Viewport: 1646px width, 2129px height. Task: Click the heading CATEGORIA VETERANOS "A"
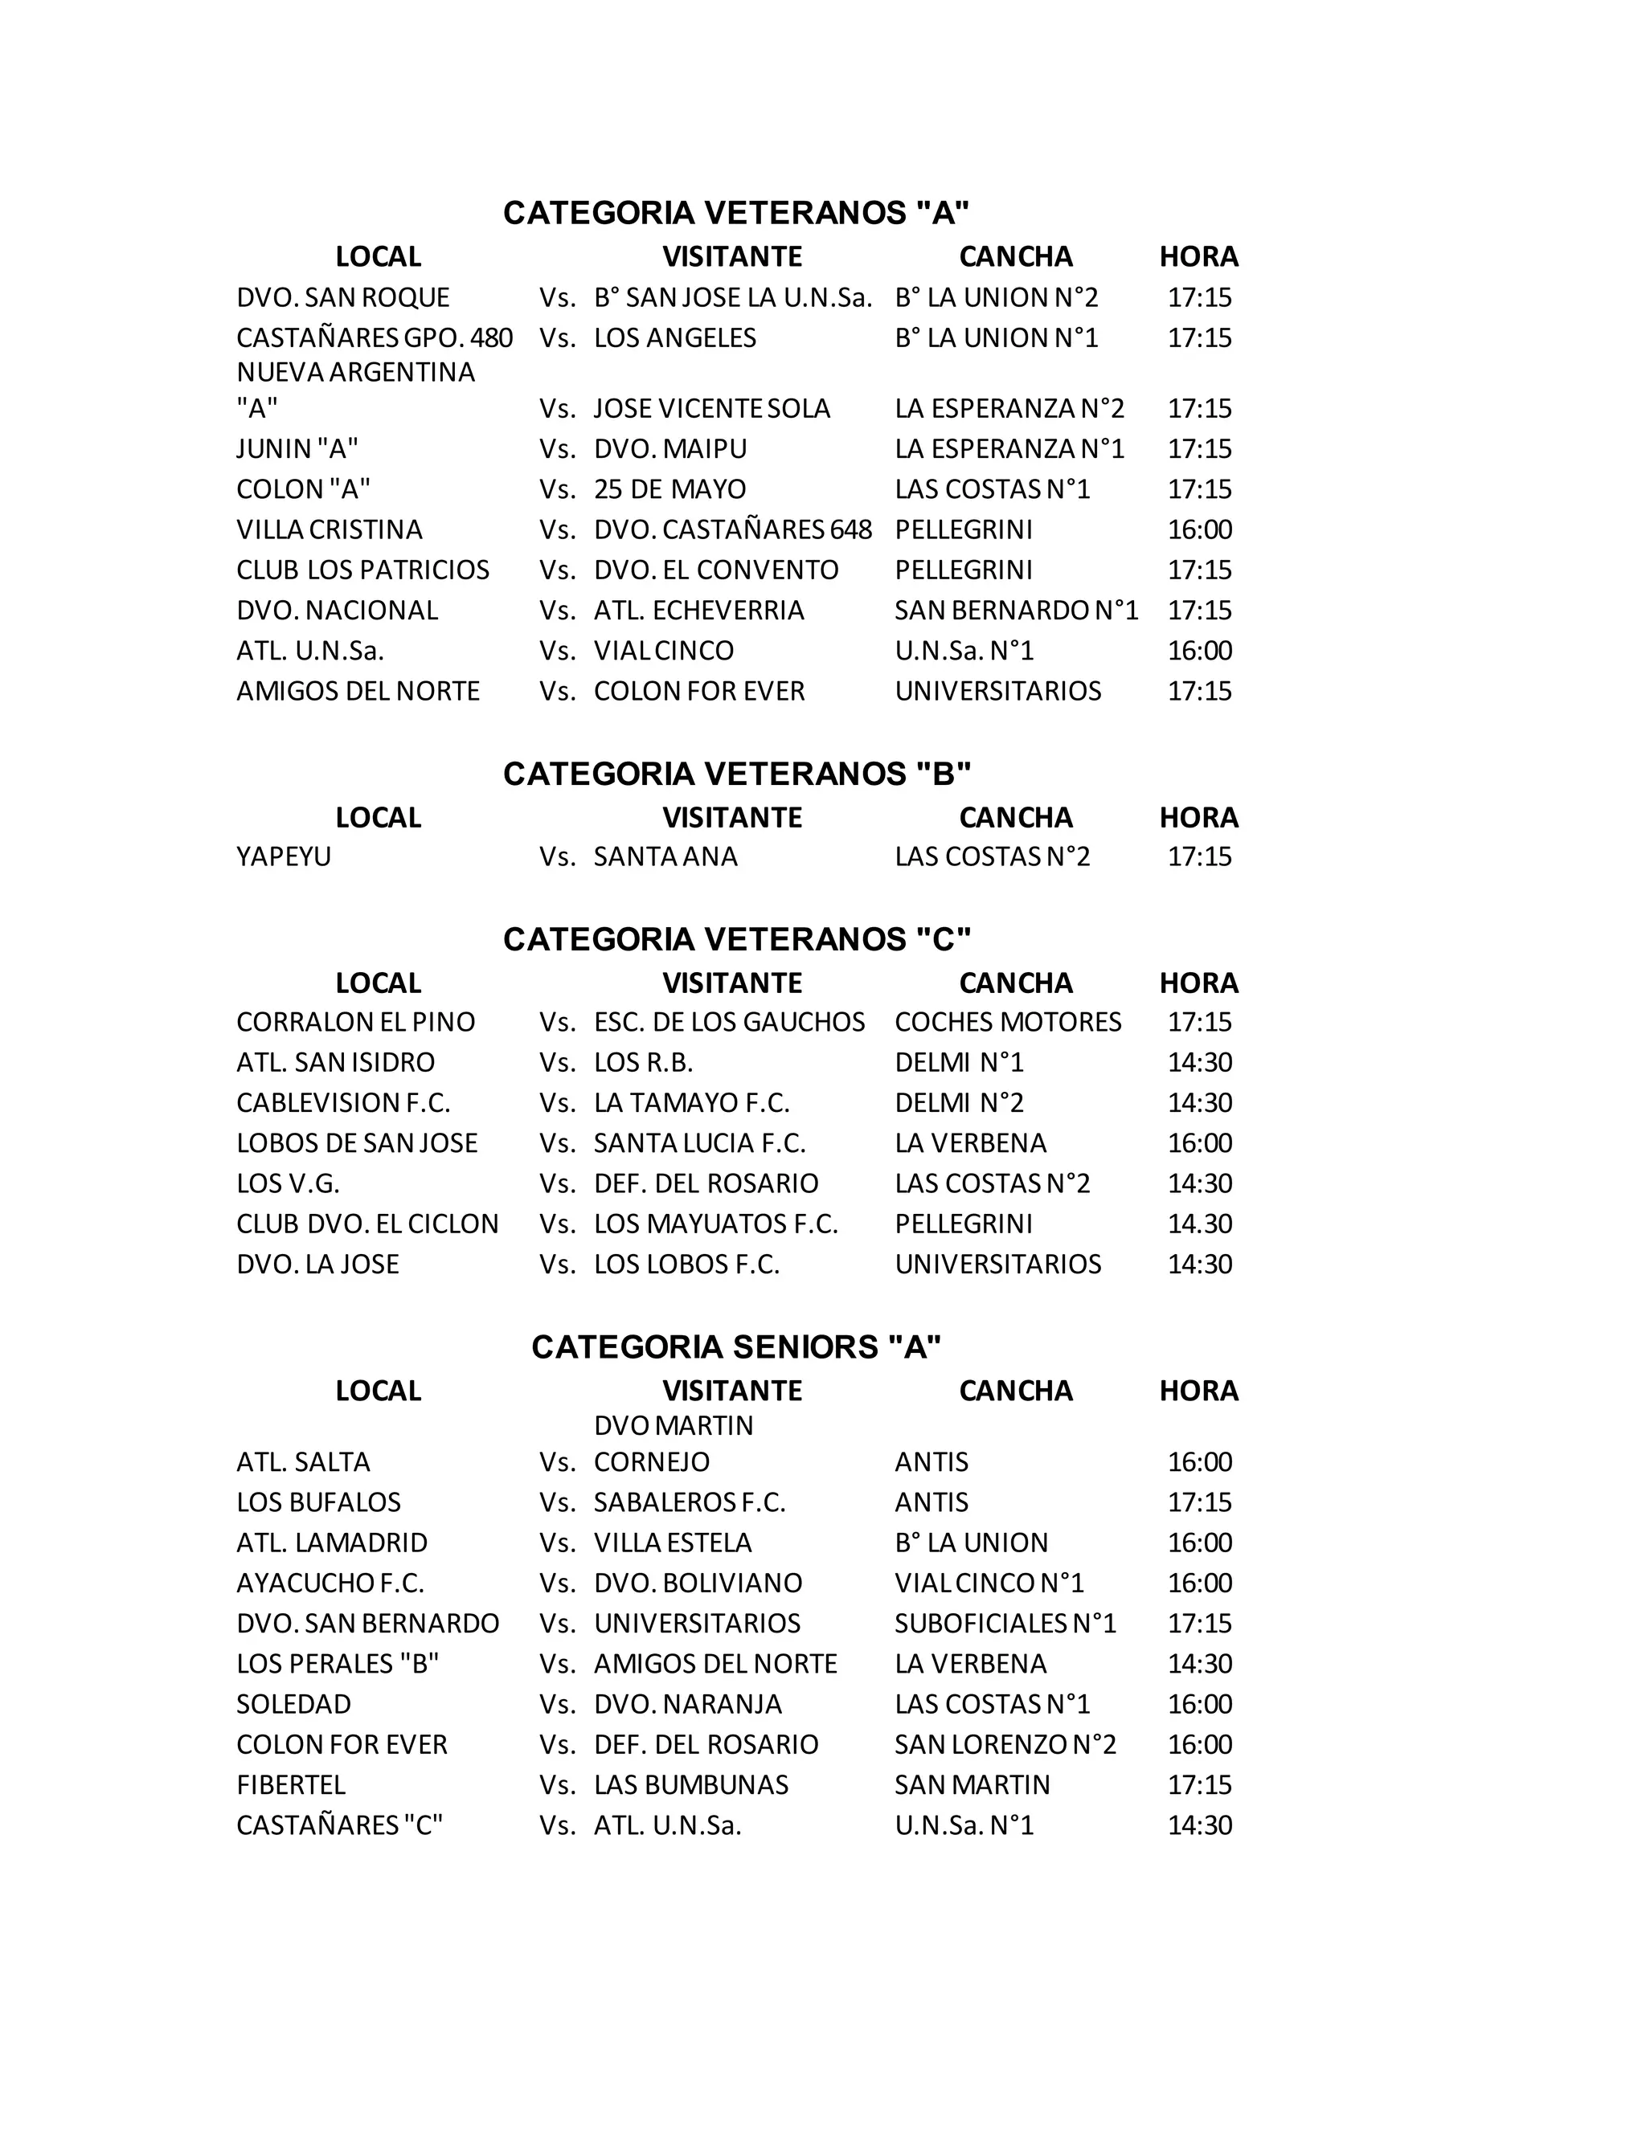coord(736,213)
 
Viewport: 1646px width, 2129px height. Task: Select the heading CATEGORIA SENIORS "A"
coord(736,1346)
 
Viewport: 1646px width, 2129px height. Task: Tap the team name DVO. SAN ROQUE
coord(342,297)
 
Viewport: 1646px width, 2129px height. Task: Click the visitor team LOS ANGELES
coord(675,337)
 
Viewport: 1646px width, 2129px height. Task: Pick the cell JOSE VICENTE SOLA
coord(712,407)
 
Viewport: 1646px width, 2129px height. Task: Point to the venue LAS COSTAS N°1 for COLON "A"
coord(992,488)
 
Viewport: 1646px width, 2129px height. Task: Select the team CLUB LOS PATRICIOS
coord(362,570)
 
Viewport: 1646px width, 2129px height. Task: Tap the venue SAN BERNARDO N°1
coord(1016,611)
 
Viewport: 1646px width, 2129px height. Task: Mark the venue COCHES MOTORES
coord(1009,1022)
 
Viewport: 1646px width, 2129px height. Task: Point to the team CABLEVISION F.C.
coord(343,1102)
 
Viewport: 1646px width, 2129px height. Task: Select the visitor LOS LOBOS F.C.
coord(686,1264)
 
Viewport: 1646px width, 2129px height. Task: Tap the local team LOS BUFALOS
coord(319,1502)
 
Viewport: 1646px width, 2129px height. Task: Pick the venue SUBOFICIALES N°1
coord(1005,1623)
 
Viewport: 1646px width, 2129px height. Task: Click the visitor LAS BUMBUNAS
coord(690,1785)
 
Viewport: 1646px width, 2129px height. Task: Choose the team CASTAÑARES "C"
coord(339,1825)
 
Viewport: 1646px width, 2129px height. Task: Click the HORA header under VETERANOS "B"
coord(1198,817)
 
